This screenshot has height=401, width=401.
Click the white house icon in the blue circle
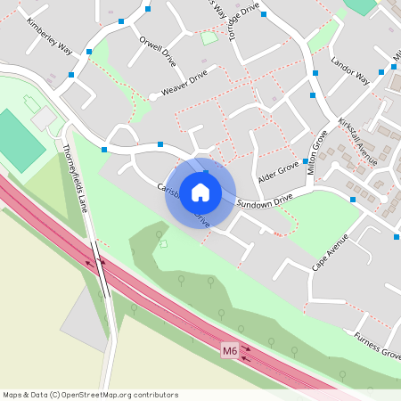tap(200, 192)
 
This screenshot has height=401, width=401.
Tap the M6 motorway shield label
tap(230, 352)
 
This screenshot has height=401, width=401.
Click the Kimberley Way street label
tap(49, 37)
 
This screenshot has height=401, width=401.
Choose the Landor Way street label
tap(349, 71)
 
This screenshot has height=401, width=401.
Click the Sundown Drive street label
tap(265, 201)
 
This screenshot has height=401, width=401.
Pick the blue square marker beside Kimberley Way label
tap(89, 52)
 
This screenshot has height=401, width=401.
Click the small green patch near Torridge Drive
tap(209, 37)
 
